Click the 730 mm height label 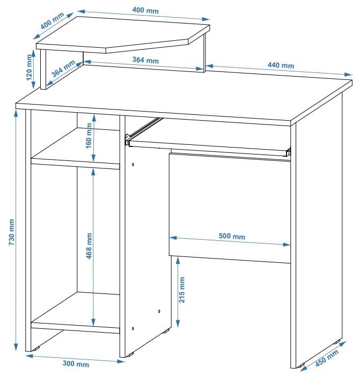pyautogui.click(x=12, y=232)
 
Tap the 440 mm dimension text pyautogui.click(x=281, y=65)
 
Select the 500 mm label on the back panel pyautogui.click(x=232, y=236)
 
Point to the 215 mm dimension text pyautogui.click(x=182, y=290)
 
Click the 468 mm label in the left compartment pyautogui.click(x=89, y=246)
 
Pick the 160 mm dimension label pyautogui.click(x=89, y=136)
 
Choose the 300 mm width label pyautogui.click(x=76, y=364)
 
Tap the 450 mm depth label pyautogui.click(x=327, y=358)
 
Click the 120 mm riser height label pyautogui.click(x=29, y=68)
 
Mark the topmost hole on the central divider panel pyautogui.click(x=133, y=165)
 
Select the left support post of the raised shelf pyautogui.click(x=43, y=69)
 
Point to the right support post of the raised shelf pyautogui.click(x=204, y=53)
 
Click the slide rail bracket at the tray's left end pyautogui.click(x=127, y=139)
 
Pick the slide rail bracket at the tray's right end pyautogui.click(x=288, y=152)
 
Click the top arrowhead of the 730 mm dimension pyautogui.click(x=16, y=114)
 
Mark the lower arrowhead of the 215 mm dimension pyautogui.click(x=178, y=323)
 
